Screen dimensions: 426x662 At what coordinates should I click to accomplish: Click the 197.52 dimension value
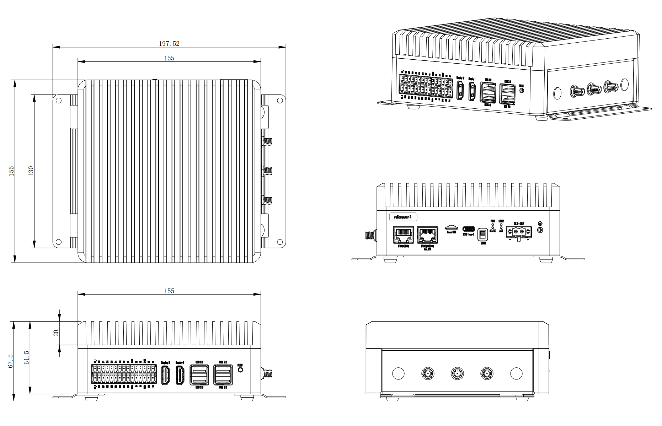[169, 44]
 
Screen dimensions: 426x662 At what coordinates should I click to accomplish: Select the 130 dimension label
[31, 171]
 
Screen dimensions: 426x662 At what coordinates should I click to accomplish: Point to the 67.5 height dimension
[10, 361]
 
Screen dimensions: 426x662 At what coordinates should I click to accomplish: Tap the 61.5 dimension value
[27, 357]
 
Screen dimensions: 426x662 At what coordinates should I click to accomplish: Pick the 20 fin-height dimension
[56, 333]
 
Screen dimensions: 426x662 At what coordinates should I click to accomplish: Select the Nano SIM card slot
[452, 227]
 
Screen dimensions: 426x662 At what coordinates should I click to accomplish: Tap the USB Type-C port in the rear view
[468, 228]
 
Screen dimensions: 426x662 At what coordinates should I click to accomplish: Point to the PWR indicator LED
[493, 225]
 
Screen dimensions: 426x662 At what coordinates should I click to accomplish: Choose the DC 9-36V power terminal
[519, 232]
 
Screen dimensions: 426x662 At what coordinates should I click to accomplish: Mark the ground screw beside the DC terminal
[540, 230]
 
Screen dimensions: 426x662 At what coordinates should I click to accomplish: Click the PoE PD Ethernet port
[427, 234]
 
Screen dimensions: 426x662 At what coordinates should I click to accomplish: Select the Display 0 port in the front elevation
[165, 375]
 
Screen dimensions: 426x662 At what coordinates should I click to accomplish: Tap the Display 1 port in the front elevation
[180, 375]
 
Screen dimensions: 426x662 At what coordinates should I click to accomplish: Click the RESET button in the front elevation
[240, 370]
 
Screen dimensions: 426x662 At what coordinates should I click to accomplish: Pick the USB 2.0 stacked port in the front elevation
[223, 375]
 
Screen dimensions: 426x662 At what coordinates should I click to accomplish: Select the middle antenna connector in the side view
[457, 373]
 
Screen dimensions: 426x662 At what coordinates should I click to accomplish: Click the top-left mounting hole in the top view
[59, 100]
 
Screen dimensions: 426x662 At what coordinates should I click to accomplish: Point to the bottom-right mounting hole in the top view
[280, 242]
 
